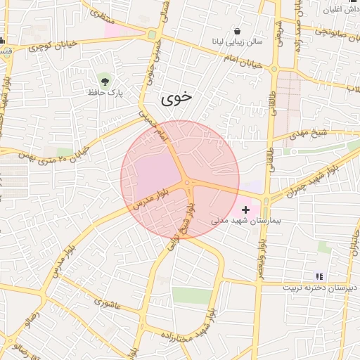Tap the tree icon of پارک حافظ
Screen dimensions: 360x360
click(105, 79)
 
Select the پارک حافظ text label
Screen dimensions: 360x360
click(105, 92)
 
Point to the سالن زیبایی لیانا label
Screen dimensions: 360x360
click(238, 42)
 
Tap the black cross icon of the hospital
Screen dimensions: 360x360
click(245, 210)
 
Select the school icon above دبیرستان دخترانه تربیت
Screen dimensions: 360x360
click(319, 276)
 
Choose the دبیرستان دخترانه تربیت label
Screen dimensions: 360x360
click(320, 288)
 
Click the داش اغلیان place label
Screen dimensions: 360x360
click(340, 9)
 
